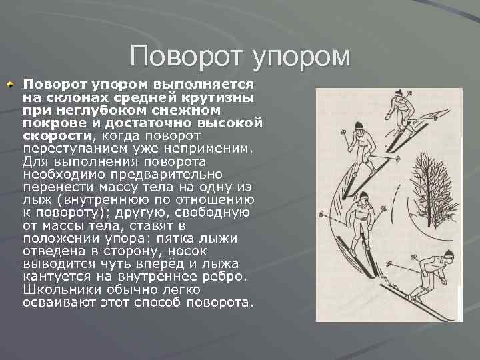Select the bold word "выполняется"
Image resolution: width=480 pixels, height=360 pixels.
click(203, 85)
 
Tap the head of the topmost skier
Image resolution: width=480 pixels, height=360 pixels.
click(399, 94)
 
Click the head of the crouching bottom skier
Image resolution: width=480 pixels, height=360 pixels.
click(448, 254)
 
